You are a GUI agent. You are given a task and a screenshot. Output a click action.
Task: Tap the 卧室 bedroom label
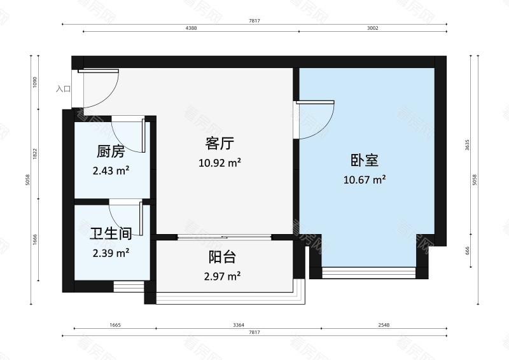[365, 160]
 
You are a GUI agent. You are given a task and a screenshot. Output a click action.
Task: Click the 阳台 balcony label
[223, 258]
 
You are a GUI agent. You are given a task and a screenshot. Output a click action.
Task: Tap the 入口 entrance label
[63, 89]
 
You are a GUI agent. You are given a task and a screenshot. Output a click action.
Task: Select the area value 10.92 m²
[220, 162]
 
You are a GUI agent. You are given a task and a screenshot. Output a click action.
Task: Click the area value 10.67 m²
[365, 180]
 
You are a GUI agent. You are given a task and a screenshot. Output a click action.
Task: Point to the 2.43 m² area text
[111, 170]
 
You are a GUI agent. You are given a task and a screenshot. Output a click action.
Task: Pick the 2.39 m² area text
[111, 253]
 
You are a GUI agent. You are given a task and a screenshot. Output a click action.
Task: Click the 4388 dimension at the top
[190, 29]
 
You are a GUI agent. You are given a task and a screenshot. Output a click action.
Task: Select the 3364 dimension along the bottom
[239, 324]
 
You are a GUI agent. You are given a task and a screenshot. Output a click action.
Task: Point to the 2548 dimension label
[383, 324]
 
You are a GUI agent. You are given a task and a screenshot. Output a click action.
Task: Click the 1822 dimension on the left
[35, 154]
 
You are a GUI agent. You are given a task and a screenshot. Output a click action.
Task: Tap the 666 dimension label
[468, 250]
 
